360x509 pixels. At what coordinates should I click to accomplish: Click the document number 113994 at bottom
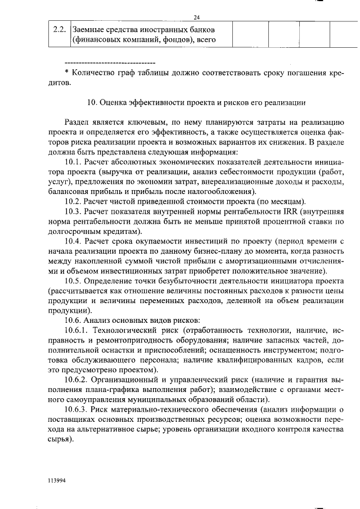(x=57, y=480)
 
